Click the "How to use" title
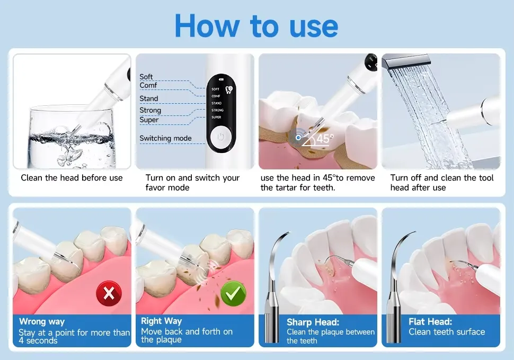tap(256, 25)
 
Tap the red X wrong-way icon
tap(109, 293)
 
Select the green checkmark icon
tap(233, 293)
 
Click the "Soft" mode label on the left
tap(146, 77)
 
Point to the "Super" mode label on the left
tap(149, 120)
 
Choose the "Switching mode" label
tap(165, 138)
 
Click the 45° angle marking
tap(324, 139)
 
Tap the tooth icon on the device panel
tap(229, 89)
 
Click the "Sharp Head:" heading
tap(313, 322)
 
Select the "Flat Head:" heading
tap(430, 322)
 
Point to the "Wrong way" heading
tap(42, 321)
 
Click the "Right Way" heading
tap(161, 321)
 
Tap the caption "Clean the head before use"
tap(72, 178)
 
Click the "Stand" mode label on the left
tap(149, 98)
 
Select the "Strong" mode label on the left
tap(150, 111)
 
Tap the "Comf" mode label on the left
tap(148, 85)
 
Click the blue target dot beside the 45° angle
tap(298, 138)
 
